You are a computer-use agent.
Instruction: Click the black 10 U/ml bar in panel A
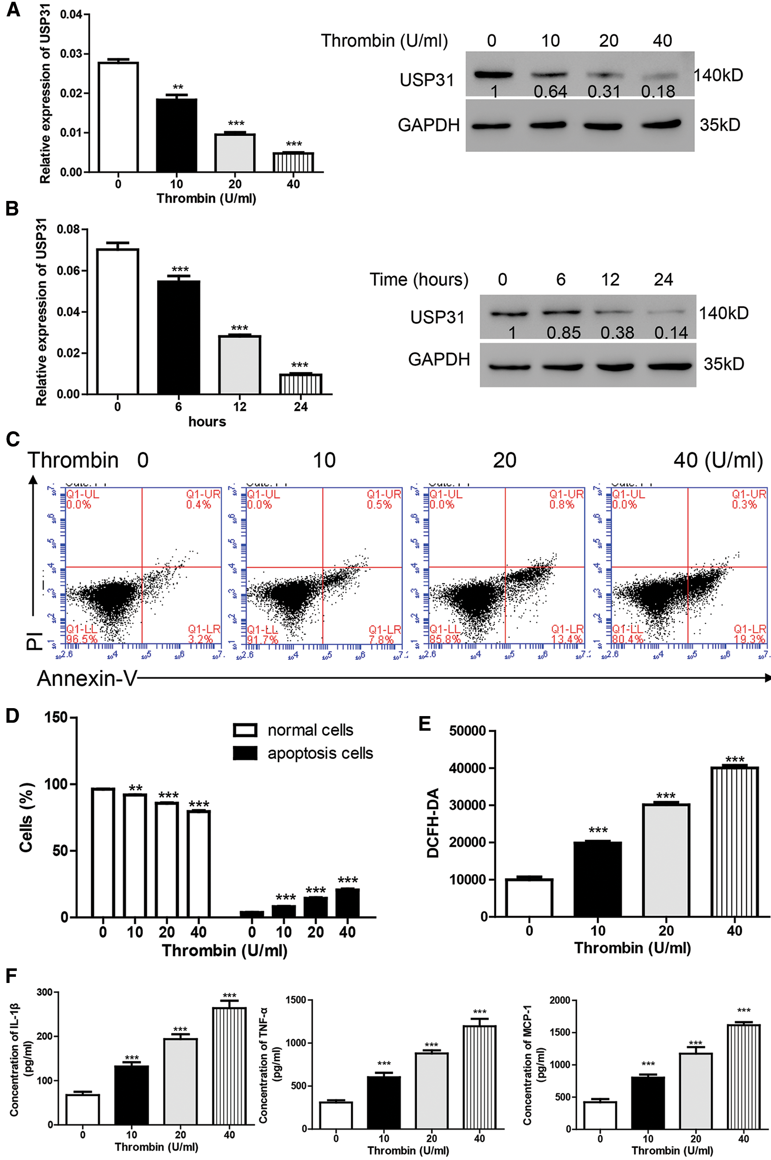pyautogui.click(x=176, y=135)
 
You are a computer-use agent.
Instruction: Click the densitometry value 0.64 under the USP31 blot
pyautogui.click(x=550, y=92)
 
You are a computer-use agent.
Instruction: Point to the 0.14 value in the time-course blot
pyautogui.click(x=671, y=333)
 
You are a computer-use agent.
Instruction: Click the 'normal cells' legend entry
pyautogui.click(x=310, y=730)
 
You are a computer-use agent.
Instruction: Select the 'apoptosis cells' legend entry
pyautogui.click(x=320, y=753)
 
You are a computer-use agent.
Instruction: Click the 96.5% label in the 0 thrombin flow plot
pyautogui.click(x=82, y=640)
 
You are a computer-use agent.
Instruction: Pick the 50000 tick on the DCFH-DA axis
pyautogui.click(x=468, y=731)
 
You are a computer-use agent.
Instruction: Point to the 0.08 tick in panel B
pyautogui.click(x=69, y=229)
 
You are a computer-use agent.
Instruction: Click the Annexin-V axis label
pyautogui.click(x=87, y=678)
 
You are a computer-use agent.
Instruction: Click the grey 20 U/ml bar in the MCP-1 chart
pyautogui.click(x=696, y=1097)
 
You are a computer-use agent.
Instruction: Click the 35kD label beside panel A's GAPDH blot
pyautogui.click(x=720, y=125)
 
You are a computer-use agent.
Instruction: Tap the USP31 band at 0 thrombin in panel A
pyautogui.click(x=493, y=75)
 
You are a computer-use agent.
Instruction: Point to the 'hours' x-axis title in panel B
pyautogui.click(x=207, y=422)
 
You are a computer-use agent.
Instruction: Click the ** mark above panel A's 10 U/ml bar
pyautogui.click(x=177, y=88)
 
